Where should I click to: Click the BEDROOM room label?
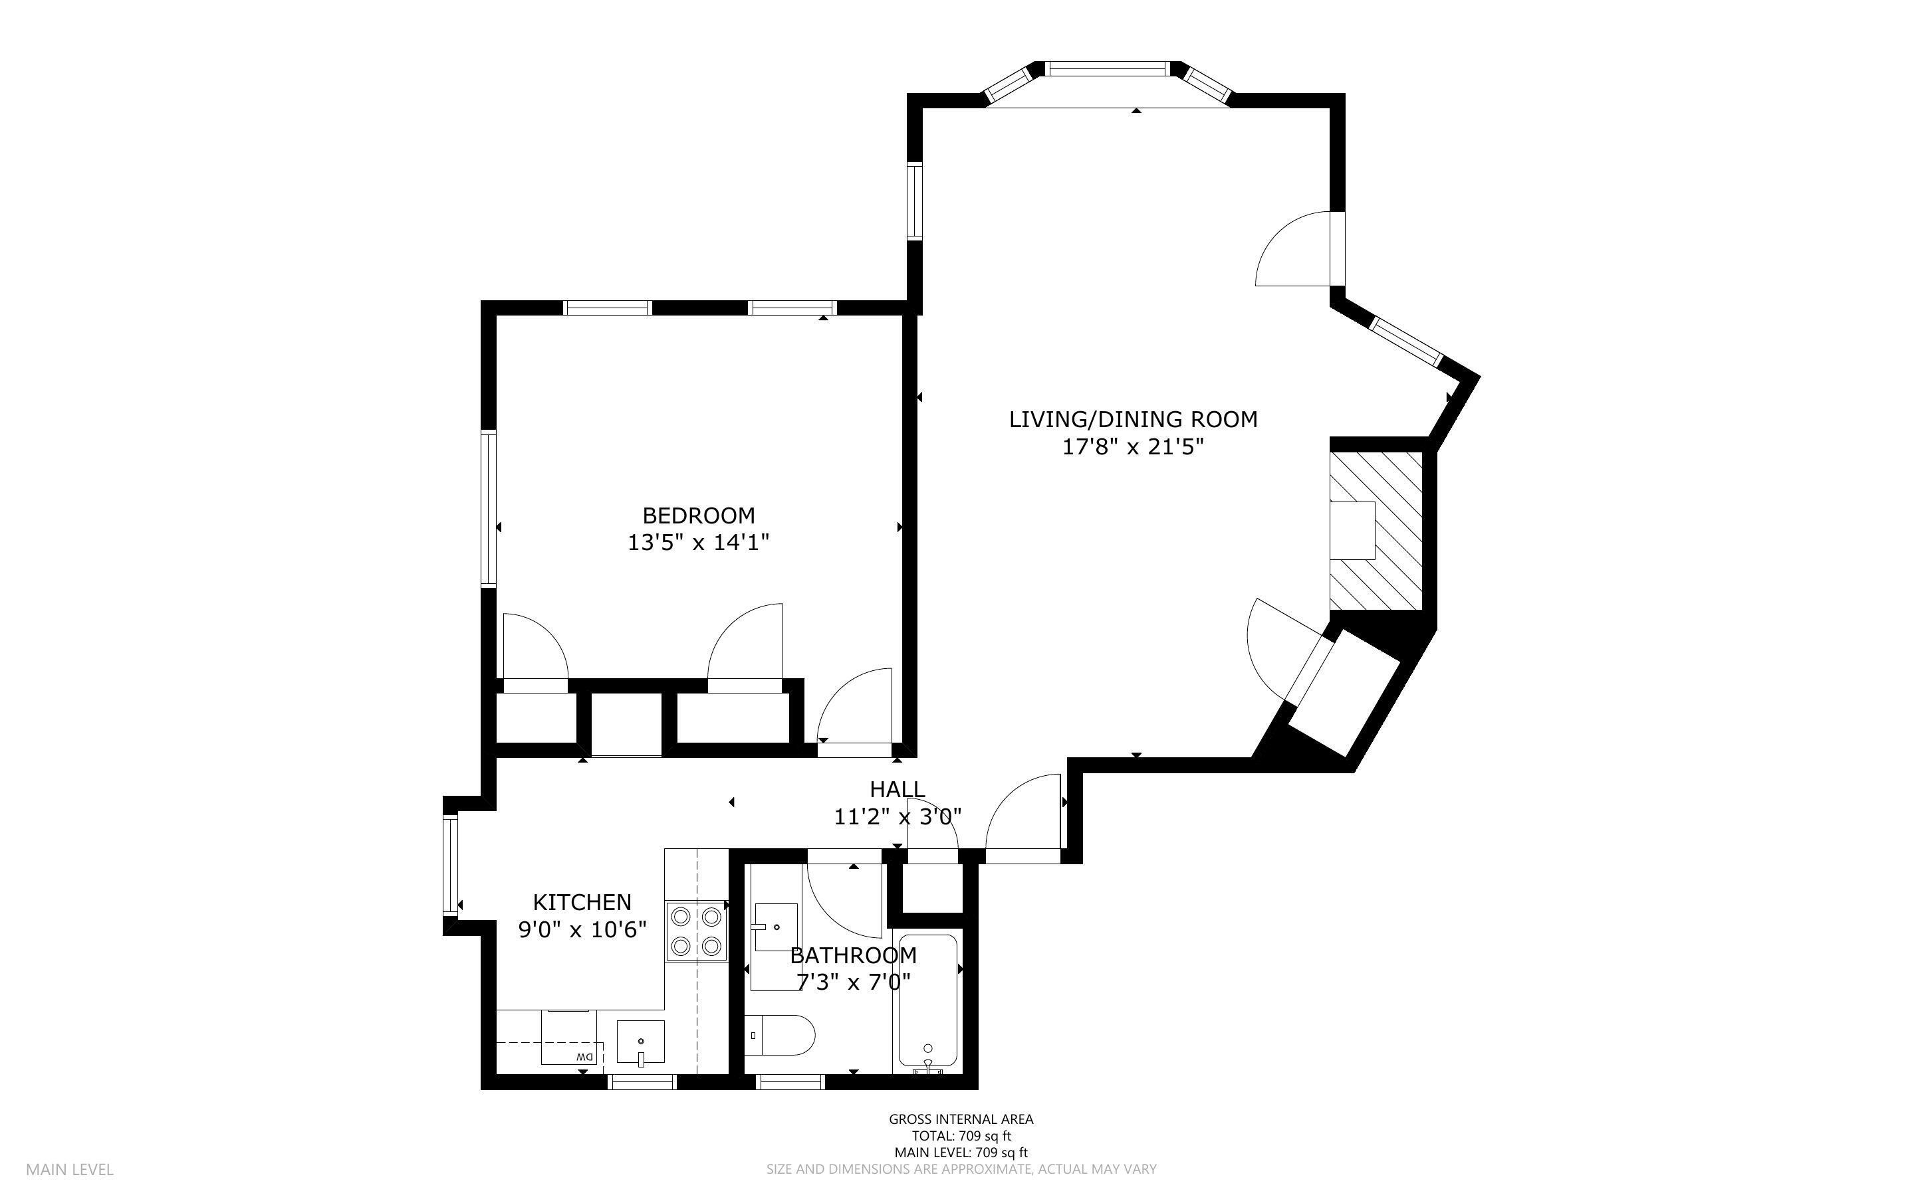698,515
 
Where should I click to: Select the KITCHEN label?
582,901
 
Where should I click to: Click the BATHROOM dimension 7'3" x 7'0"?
853,982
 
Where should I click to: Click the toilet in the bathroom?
781,1035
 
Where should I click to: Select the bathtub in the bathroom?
927,1002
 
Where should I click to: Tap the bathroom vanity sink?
776,926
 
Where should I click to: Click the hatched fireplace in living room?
1376,531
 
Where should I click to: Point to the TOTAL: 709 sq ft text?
961,1136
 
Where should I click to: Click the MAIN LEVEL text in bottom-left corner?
70,1169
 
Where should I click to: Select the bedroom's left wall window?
489,508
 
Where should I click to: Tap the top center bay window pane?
1108,69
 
